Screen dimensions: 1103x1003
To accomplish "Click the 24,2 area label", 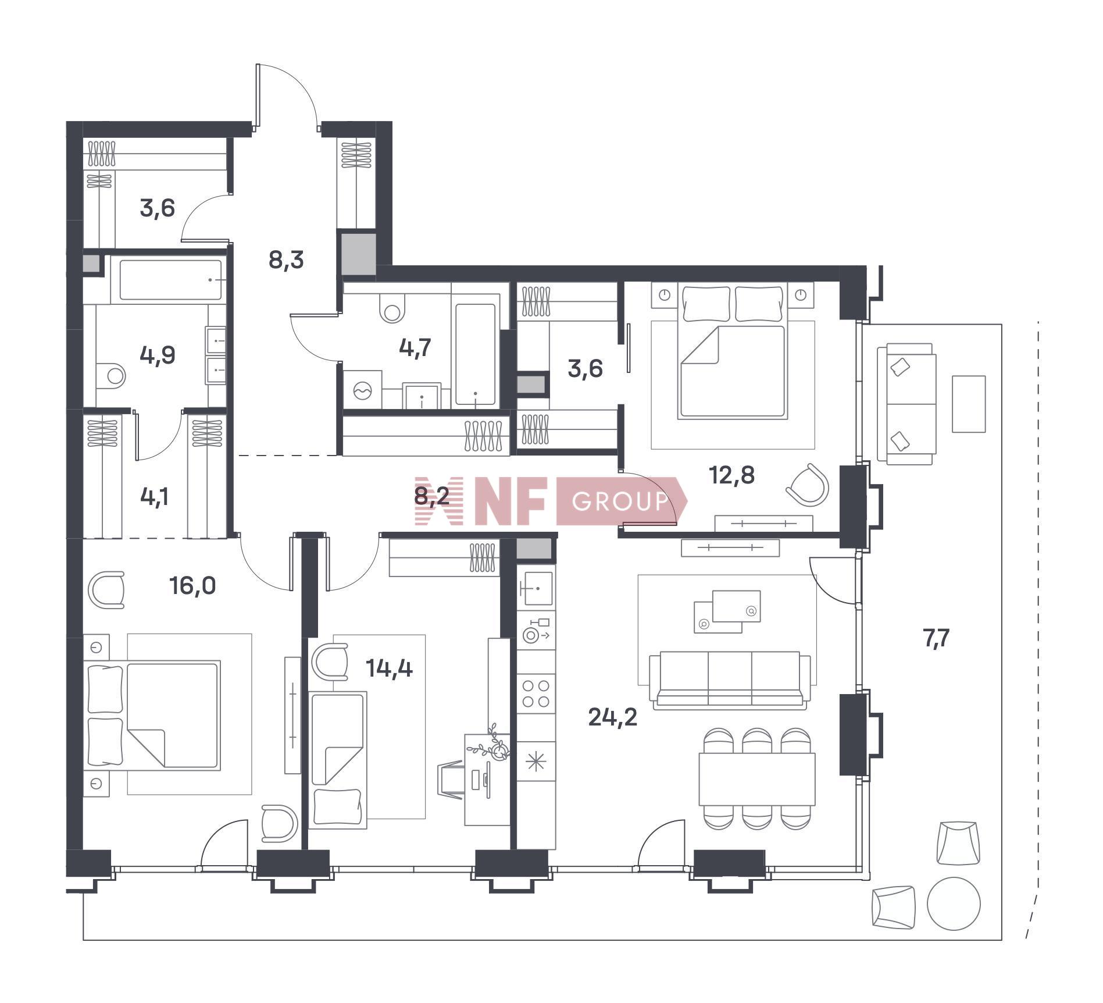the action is [612, 717].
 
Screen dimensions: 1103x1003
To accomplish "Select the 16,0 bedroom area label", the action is [192, 586].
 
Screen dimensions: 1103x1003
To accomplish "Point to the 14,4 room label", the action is [389, 668].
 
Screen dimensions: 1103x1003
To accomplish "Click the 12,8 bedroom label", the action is [731, 475].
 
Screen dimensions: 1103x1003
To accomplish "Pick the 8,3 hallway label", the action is [286, 259].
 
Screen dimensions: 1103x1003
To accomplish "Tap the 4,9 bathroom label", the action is [158, 354].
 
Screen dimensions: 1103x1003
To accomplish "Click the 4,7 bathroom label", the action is [415, 347].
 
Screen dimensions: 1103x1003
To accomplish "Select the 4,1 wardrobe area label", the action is [155, 497].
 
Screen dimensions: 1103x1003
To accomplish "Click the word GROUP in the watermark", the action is [620, 501].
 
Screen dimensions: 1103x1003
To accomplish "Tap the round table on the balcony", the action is [954, 904].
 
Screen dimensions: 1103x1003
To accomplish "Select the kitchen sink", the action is [536, 588].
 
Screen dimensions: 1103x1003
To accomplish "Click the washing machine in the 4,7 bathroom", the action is [363, 390].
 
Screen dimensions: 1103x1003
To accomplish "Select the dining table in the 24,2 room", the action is [757, 779].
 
